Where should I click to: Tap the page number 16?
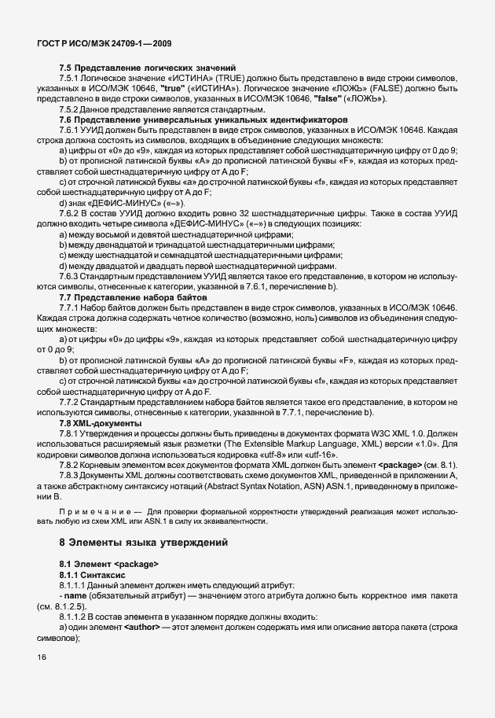coord(42,657)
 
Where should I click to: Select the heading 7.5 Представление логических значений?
coord(147,69)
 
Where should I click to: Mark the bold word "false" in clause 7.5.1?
coord(327,100)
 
